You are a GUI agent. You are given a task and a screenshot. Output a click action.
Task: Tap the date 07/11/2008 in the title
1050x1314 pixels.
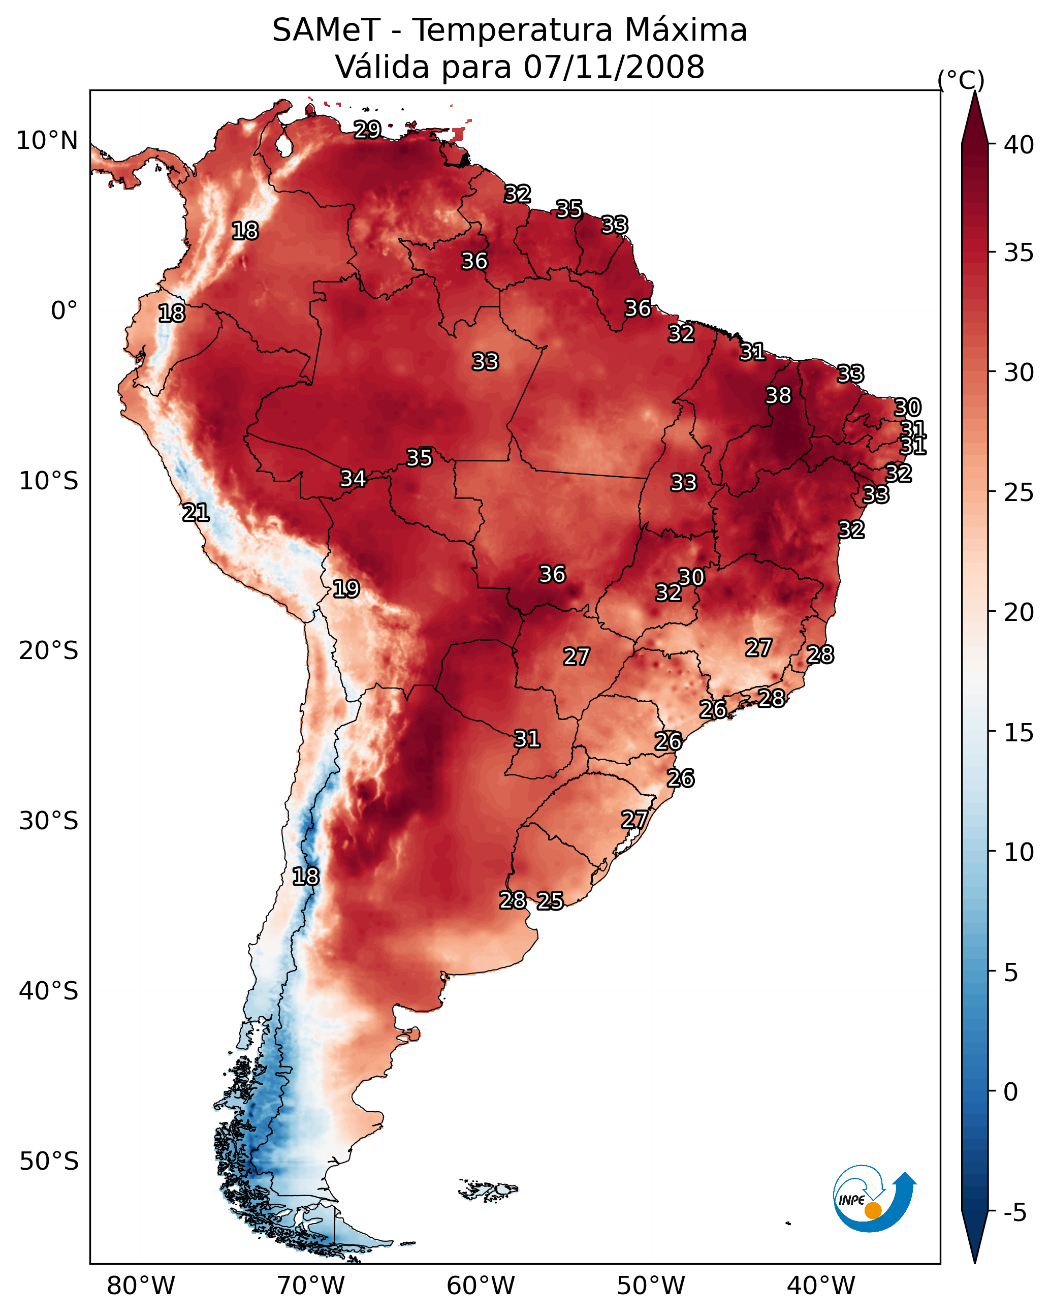pos(614,67)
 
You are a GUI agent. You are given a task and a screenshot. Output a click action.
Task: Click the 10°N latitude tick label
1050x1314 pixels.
pos(47,141)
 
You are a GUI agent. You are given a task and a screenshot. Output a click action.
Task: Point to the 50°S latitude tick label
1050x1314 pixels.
pos(49,1162)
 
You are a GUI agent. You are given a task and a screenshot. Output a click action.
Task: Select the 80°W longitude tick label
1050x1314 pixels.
pos(141,1286)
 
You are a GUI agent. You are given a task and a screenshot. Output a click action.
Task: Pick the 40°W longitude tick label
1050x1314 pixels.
pos(821,1286)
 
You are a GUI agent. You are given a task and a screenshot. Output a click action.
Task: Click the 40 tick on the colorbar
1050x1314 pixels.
pos(1019,145)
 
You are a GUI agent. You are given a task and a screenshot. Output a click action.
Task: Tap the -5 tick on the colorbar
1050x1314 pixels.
pos(1014,1213)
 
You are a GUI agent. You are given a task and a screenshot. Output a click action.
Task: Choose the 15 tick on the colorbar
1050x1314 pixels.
pos(1019,733)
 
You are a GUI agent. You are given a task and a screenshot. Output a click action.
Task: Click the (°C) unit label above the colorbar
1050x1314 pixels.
pos(961,80)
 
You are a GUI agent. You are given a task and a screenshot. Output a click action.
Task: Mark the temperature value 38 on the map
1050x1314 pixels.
pos(778,395)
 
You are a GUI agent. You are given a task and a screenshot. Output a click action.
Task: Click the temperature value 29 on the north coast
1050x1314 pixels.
pos(367,130)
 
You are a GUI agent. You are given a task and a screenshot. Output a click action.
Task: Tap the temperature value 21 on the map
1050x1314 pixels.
pos(196,513)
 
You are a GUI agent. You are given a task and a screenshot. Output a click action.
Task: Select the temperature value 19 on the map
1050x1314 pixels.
pos(346,589)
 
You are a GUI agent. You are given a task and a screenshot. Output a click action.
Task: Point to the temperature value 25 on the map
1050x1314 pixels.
pos(550,901)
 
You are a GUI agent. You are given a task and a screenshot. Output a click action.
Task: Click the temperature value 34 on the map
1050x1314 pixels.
pos(353,479)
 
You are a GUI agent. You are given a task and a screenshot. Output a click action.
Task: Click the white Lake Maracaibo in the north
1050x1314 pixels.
pos(283,145)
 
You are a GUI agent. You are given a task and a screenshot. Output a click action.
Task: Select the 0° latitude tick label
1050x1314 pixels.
pos(64,311)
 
